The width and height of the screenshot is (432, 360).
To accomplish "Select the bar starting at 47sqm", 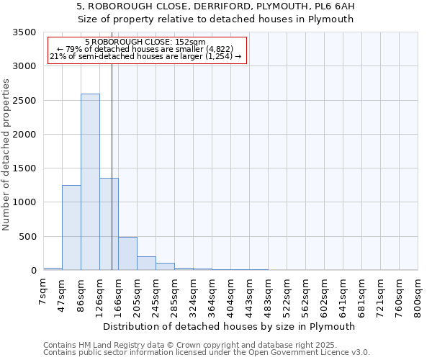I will [71, 228].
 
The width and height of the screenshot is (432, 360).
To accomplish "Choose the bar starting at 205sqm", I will [146, 264].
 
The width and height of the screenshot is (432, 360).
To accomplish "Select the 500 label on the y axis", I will [27, 237].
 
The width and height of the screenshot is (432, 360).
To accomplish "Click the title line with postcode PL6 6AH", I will [216, 6].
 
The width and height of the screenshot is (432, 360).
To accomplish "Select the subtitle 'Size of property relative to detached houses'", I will [216, 19].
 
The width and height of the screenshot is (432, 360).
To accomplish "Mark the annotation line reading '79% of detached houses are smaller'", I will [147, 50].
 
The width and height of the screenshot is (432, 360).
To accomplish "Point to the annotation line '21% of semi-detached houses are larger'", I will [147, 57].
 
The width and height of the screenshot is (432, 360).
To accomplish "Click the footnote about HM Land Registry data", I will [205, 345].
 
